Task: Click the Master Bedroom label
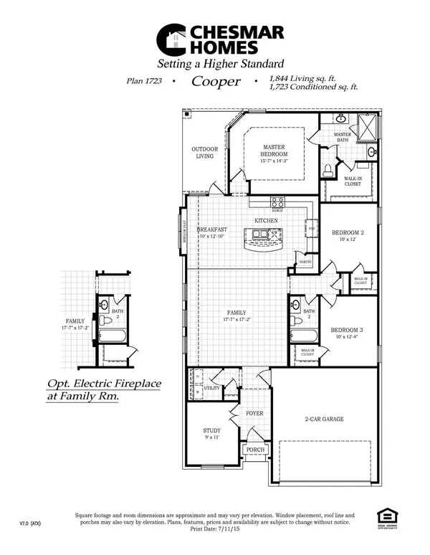tap(273, 151)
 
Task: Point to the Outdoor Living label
tap(204, 152)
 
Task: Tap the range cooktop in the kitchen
tap(278, 202)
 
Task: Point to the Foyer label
tap(254, 413)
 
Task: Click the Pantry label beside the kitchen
tap(304, 262)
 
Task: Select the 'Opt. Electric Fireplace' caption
tap(104, 384)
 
